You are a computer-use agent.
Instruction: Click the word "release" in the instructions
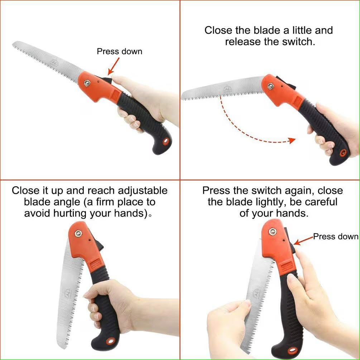pos(243,42)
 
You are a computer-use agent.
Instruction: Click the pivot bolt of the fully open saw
pos(87,83)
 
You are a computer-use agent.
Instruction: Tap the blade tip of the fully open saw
pos(14,44)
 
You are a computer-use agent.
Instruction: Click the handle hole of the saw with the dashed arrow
pos(342,154)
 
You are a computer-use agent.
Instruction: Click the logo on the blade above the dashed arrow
pos(227,88)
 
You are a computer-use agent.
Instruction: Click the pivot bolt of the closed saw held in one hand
pos(78,234)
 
